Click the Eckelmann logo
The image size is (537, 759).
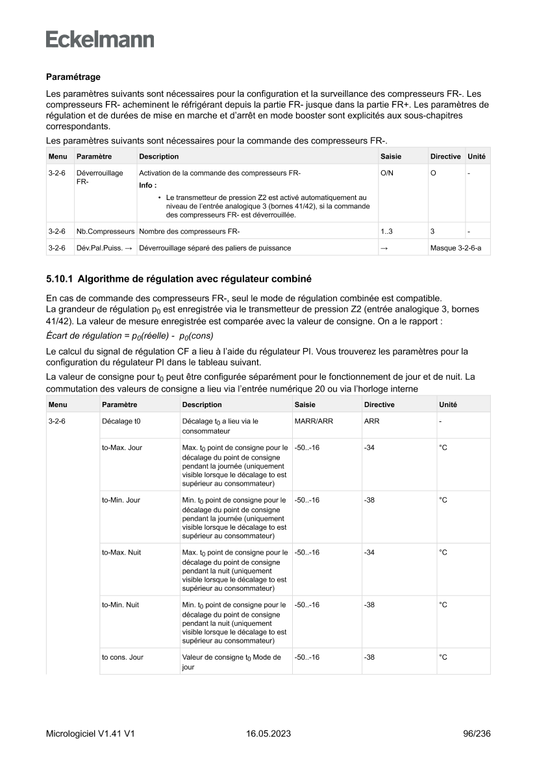pos(100,39)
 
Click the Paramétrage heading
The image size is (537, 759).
pos(73,77)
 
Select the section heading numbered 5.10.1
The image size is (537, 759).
pos(179,279)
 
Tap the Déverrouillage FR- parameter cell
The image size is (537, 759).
pos(99,177)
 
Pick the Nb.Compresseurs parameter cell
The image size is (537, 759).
pos(105,231)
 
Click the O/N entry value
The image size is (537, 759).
pos(386,173)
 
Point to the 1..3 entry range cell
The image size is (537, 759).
pos(387,231)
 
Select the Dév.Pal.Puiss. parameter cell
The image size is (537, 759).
pos(105,247)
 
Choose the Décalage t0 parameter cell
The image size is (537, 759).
pos(121,421)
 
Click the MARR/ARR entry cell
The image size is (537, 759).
pos(314,421)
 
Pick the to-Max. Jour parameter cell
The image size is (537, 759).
pos(122,448)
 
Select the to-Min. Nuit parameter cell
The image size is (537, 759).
pos(122,604)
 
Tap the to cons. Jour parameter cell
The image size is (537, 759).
pos(123,657)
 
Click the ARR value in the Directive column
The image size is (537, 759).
pos(371,421)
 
